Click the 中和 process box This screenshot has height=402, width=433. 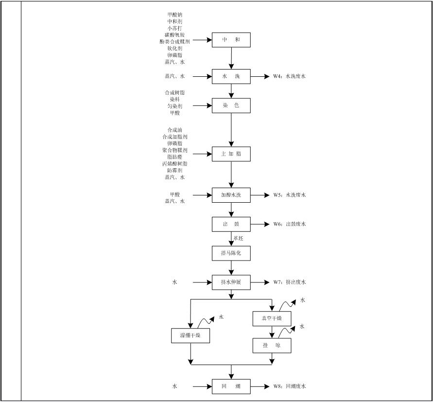coord(231,40)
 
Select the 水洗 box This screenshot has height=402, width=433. coord(231,76)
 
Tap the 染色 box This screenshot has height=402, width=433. coord(231,105)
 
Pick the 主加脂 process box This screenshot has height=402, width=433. coord(231,155)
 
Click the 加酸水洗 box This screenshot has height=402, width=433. coord(231,195)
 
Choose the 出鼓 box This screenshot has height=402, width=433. coord(231,224)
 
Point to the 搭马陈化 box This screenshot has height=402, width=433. coord(231,253)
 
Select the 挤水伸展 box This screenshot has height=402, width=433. coord(231,282)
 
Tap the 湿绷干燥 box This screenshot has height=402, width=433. coord(191,335)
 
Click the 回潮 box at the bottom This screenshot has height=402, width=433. coord(231,386)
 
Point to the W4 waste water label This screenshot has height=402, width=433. coord(289,76)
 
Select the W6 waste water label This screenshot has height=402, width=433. coord(289,224)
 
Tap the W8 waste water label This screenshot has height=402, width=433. coord(289,386)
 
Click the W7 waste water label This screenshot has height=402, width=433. coord(289,282)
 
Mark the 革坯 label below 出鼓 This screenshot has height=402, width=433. coord(238,238)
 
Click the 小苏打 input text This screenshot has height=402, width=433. coord(174,28)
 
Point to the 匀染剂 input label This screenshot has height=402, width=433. coord(174,106)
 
